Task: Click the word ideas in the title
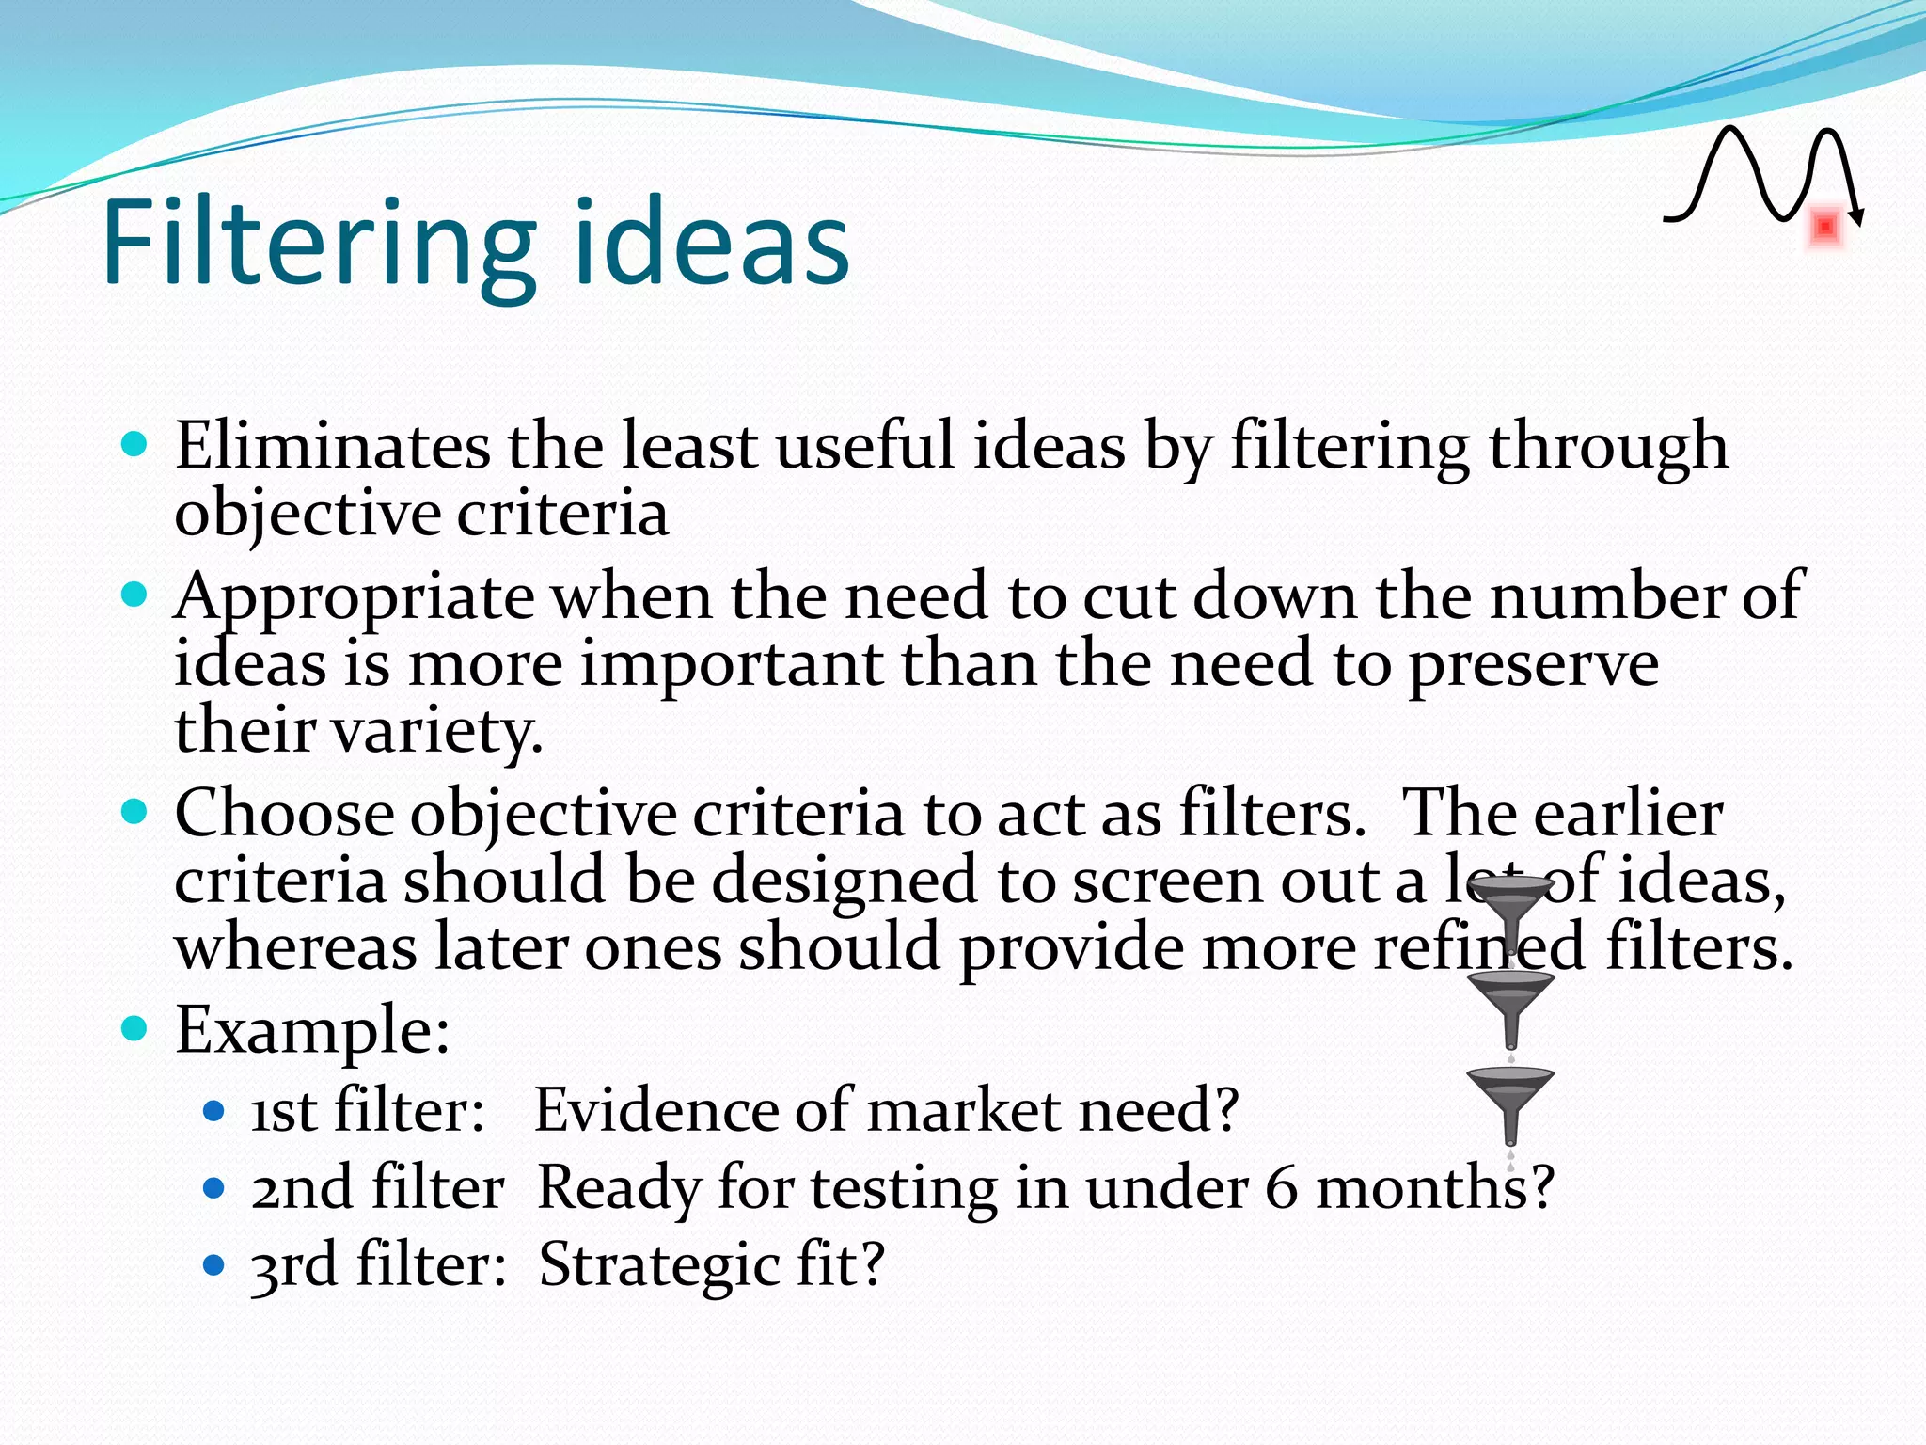coord(711,243)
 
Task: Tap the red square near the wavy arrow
coord(1825,228)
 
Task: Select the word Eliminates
coord(331,446)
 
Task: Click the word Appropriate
coord(354,598)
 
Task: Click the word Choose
coord(284,813)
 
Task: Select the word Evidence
coord(655,1110)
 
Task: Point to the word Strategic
coord(659,1264)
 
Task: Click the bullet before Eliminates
coord(135,444)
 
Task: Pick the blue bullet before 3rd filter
coord(214,1263)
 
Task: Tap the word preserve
coord(1533,665)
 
